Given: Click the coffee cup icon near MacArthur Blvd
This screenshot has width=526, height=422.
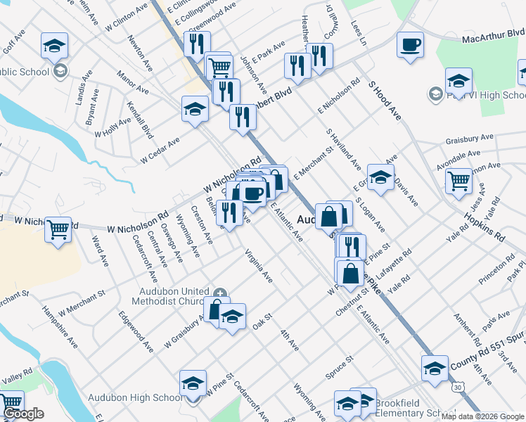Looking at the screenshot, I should pyautogui.click(x=410, y=45).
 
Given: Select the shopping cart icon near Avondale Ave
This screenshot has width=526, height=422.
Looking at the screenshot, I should pyautogui.click(x=458, y=181).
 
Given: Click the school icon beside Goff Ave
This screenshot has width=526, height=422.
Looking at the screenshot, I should pyautogui.click(x=54, y=46).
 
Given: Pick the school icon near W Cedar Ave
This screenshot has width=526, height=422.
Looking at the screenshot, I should pyautogui.click(x=195, y=109).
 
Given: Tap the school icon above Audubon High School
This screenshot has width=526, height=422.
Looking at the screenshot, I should pyautogui.click(x=193, y=383).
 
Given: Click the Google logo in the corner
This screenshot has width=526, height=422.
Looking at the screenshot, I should pyautogui.click(x=24, y=414).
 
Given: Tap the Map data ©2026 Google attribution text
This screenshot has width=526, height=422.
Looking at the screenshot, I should pyautogui.click(x=482, y=416).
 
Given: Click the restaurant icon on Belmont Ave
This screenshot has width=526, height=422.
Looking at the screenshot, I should pyautogui.click(x=229, y=213).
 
